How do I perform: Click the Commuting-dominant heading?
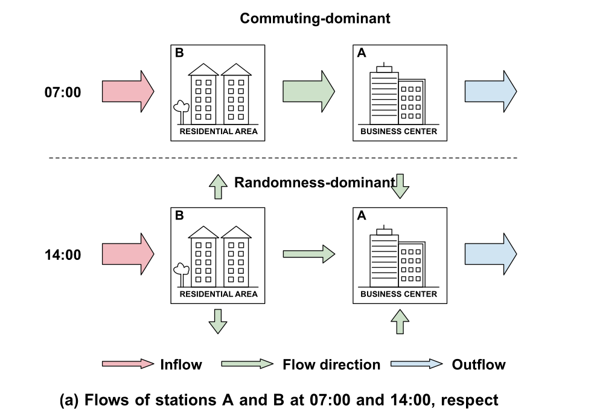315,18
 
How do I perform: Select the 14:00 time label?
63,254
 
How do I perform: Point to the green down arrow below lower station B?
217,320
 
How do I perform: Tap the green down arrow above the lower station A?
400,186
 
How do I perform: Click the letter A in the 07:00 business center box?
362,53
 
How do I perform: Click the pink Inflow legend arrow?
128,364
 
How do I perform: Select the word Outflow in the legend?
479,364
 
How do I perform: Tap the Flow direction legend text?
331,364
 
